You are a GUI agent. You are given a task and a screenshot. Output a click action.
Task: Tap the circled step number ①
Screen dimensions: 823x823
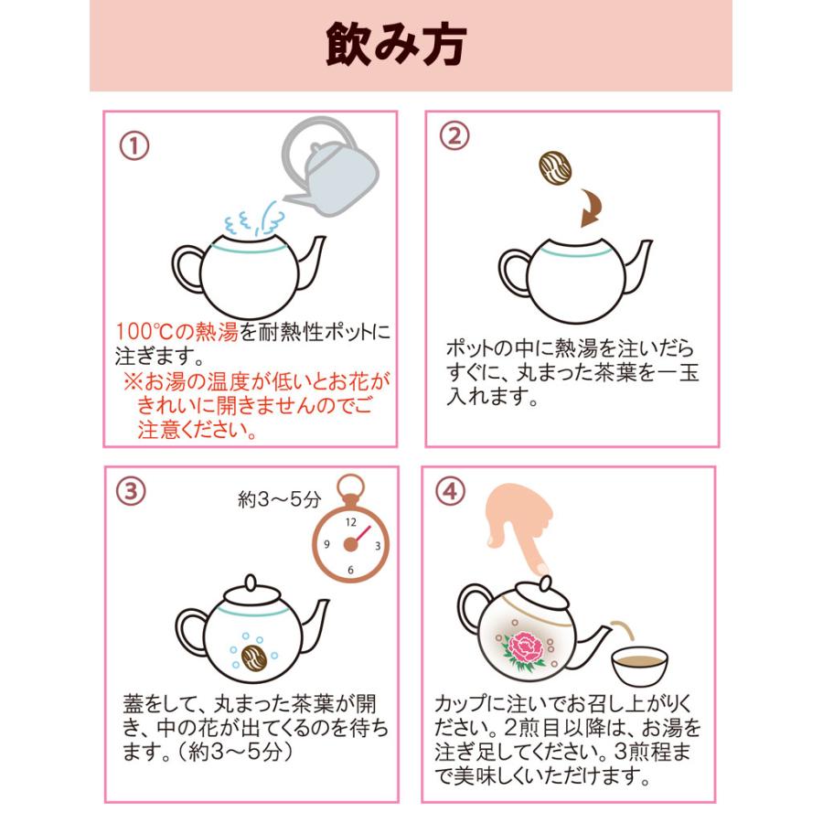(134, 145)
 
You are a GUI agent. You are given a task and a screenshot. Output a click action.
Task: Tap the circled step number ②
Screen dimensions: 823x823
(454, 136)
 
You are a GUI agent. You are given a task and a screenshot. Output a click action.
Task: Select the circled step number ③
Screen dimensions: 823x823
(132, 490)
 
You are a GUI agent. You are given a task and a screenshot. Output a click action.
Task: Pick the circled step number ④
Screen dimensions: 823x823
(450, 491)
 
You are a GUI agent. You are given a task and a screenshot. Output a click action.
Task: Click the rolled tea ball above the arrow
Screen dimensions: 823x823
(556, 168)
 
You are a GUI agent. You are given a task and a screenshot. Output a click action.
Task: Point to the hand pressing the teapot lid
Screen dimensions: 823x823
(521, 521)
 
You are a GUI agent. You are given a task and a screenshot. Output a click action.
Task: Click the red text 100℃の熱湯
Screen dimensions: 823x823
(177, 331)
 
